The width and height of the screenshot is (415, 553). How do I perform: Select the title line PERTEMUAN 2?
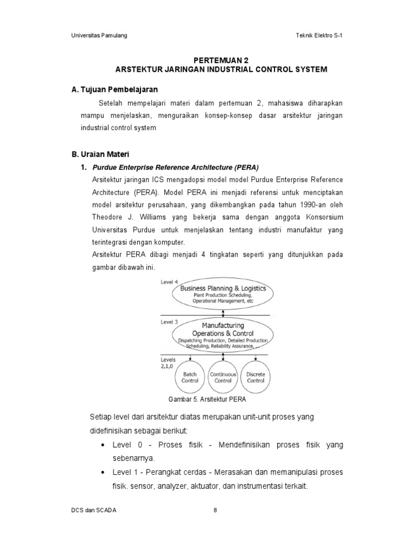click(222, 61)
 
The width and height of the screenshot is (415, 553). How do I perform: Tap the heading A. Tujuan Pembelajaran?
click(115, 89)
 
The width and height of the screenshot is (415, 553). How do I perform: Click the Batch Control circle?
click(190, 376)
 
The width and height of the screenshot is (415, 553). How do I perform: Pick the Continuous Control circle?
click(223, 376)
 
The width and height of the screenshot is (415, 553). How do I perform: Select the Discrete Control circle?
click(255, 376)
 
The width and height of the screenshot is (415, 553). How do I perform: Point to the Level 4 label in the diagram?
click(170, 282)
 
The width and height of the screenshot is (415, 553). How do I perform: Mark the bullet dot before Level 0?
click(103, 445)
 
